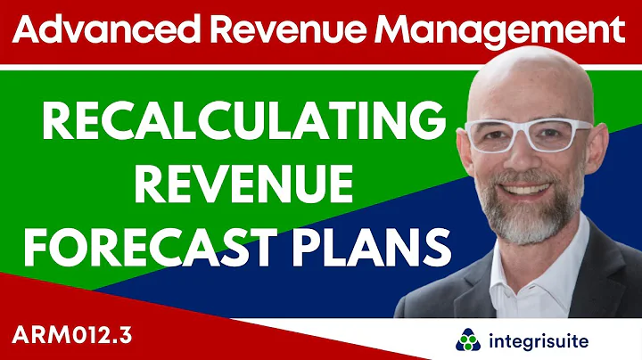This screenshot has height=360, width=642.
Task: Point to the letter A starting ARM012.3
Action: [24, 333]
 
